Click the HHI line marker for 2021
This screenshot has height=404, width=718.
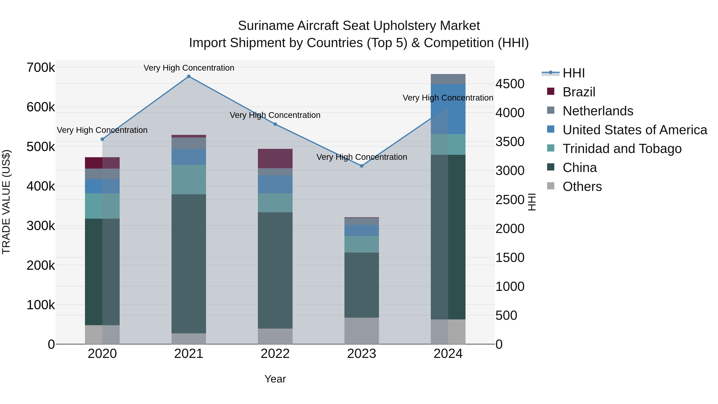click(x=189, y=76)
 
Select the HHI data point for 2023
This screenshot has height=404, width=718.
click(x=362, y=166)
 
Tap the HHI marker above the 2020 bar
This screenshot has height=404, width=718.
click(x=102, y=139)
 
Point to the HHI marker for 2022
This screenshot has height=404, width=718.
click(x=275, y=124)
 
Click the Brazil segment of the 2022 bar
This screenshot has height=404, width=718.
click(x=275, y=158)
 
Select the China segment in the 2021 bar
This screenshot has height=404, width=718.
click(x=189, y=264)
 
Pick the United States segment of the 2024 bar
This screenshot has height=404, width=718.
click(x=448, y=109)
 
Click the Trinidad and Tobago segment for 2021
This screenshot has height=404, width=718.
click(x=189, y=179)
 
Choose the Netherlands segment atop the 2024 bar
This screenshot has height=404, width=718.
click(x=448, y=79)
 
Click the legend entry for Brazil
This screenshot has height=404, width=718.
click(x=579, y=92)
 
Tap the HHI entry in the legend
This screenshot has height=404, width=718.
click(x=573, y=73)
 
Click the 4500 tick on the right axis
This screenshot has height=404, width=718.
click(x=510, y=84)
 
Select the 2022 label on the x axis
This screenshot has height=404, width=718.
click(x=275, y=354)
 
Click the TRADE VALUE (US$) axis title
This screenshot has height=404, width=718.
click(x=6, y=202)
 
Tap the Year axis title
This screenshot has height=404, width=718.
click(x=275, y=379)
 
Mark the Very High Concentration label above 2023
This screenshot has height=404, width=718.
click(x=362, y=157)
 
